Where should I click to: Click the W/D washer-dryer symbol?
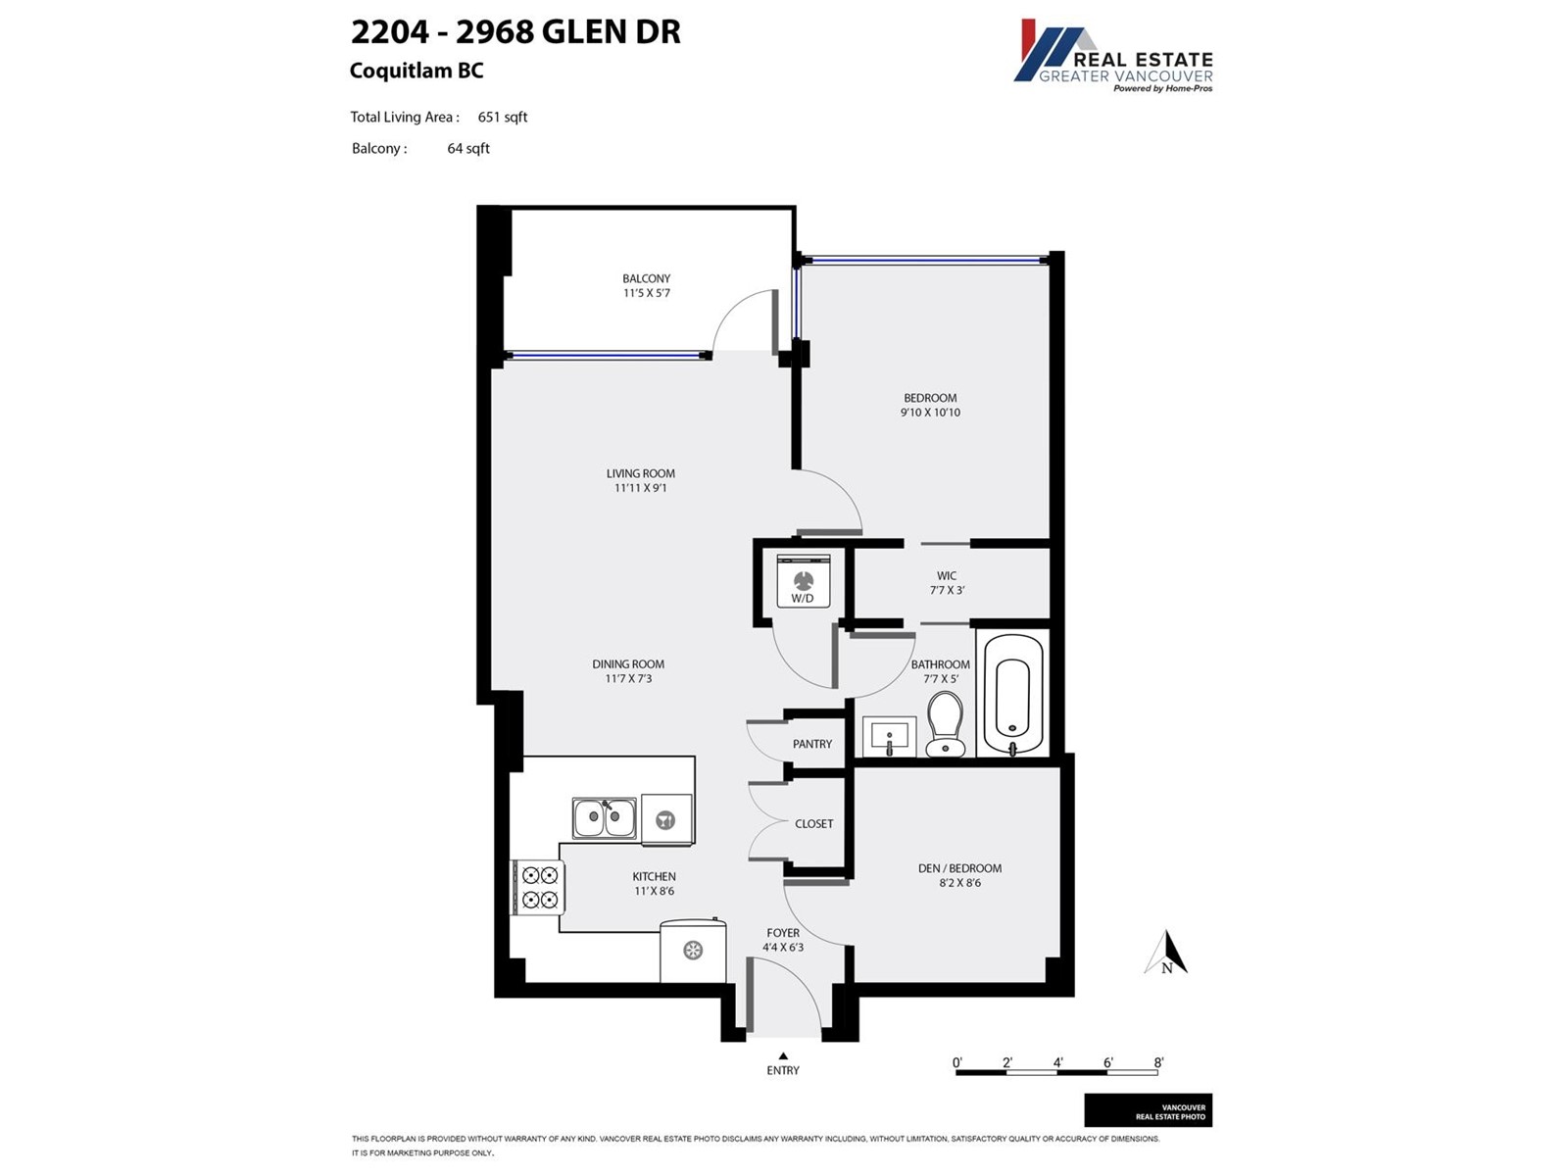803,580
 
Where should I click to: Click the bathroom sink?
890,736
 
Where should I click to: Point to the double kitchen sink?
605,818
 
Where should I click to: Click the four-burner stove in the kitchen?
539,887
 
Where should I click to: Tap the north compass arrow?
1166,953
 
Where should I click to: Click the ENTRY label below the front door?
783,1070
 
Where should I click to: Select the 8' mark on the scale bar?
1158,1062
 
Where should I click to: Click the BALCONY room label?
647,278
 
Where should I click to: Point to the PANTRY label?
812,744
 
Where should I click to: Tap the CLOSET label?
814,824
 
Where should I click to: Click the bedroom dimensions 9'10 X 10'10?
930,413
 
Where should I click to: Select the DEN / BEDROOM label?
960,868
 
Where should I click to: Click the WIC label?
947,575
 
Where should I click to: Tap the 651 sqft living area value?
503,117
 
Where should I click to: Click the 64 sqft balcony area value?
468,149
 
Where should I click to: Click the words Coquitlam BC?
416,71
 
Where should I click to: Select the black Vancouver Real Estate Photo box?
1148,1110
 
